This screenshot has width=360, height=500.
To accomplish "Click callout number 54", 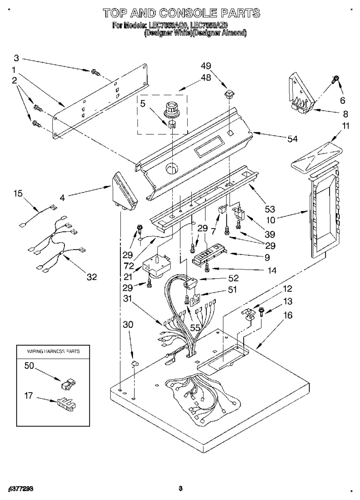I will pyautogui.click(x=292, y=139).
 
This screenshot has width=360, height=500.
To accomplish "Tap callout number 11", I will pyautogui.click(x=346, y=126).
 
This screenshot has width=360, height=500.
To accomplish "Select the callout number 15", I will pyautogui.click(x=18, y=194).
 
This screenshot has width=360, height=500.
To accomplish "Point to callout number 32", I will pyautogui.click(x=92, y=277).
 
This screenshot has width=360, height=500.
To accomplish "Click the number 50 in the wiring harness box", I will pyautogui.click(x=29, y=366).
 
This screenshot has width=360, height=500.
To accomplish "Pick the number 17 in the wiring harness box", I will pyautogui.click(x=29, y=395).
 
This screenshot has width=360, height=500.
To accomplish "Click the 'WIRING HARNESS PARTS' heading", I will pyautogui.click(x=53, y=351).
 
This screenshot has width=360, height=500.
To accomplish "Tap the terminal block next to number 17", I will pyautogui.click(x=66, y=405).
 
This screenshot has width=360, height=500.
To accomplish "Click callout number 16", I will pyautogui.click(x=288, y=315).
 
